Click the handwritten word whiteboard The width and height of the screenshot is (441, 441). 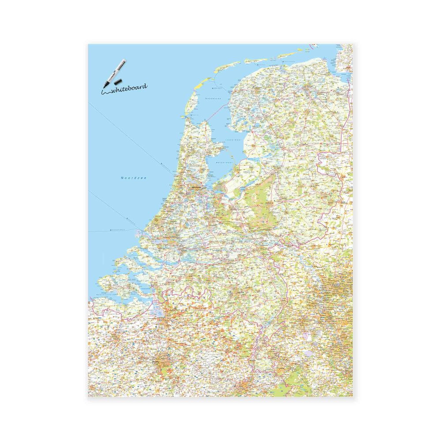point(128,89)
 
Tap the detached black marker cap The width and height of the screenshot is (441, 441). point(118,82)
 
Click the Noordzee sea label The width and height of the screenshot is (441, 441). point(134,178)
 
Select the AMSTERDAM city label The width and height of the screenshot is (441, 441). point(195,187)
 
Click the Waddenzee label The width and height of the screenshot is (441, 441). point(213,98)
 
